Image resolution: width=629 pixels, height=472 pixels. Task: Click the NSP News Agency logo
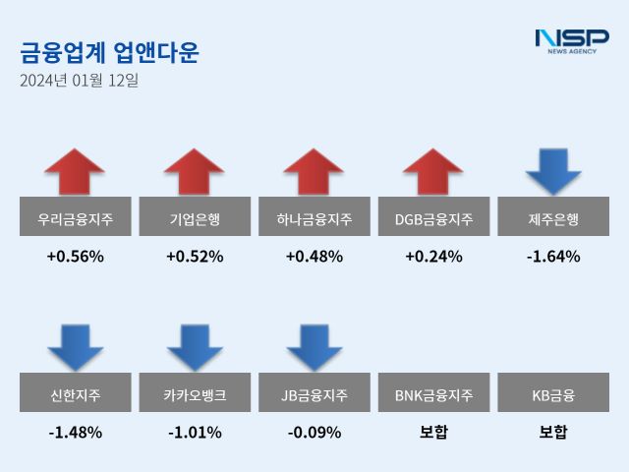(x=571, y=40)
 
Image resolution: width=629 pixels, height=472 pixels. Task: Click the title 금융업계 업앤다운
(x=108, y=52)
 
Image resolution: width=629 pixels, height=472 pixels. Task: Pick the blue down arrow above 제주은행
(x=553, y=170)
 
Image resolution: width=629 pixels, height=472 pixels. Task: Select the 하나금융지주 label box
(x=314, y=217)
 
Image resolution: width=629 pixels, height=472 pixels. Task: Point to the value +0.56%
(x=75, y=257)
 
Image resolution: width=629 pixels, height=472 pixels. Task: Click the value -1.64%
(x=553, y=257)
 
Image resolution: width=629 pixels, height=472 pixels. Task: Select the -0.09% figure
(x=314, y=432)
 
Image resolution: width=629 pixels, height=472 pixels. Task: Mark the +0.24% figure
(x=433, y=257)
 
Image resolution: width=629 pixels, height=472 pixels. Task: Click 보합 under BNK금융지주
(x=433, y=432)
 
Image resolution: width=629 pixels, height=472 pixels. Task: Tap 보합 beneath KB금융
(x=553, y=432)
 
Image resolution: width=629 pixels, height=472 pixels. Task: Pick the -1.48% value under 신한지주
(x=75, y=432)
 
